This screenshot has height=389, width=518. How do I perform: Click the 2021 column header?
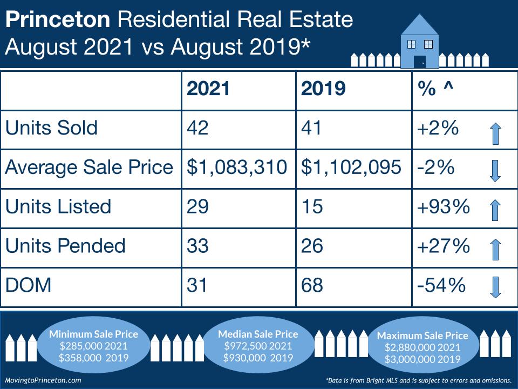tap(208, 89)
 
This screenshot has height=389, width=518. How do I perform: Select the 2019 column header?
tap(323, 89)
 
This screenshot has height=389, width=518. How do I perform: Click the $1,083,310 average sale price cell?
tap(237, 167)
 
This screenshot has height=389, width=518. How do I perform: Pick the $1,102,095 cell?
tap(352, 167)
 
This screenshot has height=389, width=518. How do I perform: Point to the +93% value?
tap(443, 206)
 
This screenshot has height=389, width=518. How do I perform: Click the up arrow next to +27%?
tap(496, 249)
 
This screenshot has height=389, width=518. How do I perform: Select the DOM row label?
tap(28, 285)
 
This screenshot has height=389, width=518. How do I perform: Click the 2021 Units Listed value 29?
tap(197, 206)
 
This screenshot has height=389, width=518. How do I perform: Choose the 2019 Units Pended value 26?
tap(312, 246)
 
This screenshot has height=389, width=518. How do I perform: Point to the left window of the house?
tap(411, 44)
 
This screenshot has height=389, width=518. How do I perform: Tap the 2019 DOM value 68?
tap(312, 285)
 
